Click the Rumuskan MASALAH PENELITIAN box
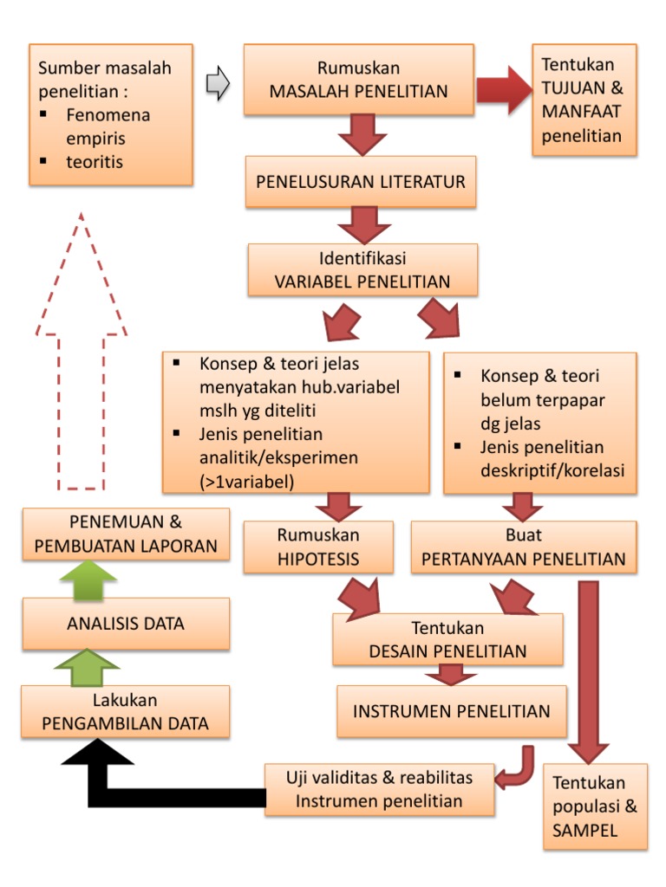(358, 80)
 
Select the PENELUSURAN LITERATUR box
(360, 182)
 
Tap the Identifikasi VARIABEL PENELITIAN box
(362, 269)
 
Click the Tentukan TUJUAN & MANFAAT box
(584, 100)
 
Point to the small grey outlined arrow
(218, 85)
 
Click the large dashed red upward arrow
(81, 346)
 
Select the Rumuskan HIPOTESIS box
(318, 547)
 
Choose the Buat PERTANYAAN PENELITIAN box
(523, 547)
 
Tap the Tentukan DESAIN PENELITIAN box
(447, 639)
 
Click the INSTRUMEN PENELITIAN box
(451, 711)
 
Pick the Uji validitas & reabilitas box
(380, 788)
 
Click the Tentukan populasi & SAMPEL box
(595, 806)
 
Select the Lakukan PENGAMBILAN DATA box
(126, 712)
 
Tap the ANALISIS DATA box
(126, 624)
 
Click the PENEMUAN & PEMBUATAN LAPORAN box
(126, 534)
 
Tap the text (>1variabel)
(246, 481)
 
